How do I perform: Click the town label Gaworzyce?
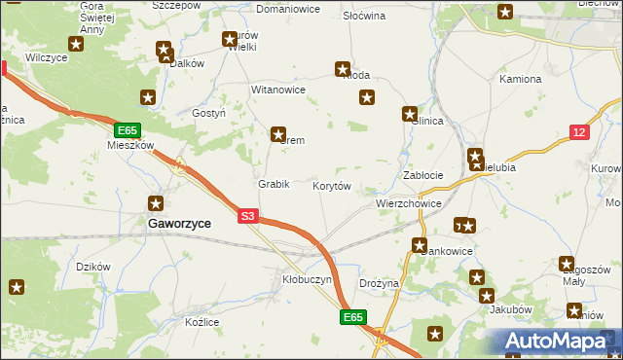pos(179,223)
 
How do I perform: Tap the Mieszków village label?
pos(130,145)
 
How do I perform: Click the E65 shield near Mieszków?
pos(127,129)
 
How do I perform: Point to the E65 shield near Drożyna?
pos(354,317)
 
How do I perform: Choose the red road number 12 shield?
pos(579,131)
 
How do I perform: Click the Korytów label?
pos(331,185)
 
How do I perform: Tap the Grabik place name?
pos(274,184)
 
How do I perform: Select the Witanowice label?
pos(278,90)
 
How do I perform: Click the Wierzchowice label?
pos(409,204)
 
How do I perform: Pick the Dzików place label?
pos(93,267)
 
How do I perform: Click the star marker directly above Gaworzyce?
pos(155,203)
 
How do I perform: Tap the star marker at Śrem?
pos(278,134)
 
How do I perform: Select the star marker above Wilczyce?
pos(76,44)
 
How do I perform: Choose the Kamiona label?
pos(520,78)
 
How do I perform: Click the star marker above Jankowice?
pos(420,245)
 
